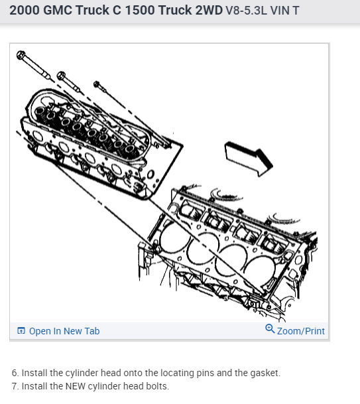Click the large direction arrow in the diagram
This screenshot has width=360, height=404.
click(x=249, y=158)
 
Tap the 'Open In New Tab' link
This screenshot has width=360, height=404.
click(x=64, y=331)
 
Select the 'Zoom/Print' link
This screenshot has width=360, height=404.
click(x=300, y=331)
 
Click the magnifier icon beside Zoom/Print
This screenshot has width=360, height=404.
click(x=270, y=328)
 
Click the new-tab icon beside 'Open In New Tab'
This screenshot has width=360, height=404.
click(x=21, y=330)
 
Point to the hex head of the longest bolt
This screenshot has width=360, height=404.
click(x=21, y=54)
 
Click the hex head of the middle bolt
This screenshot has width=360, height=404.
click(x=61, y=75)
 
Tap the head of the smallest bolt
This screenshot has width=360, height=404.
click(x=97, y=84)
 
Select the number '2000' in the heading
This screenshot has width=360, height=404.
click(x=25, y=11)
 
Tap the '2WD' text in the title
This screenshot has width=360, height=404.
click(x=209, y=11)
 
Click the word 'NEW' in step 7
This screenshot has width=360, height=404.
click(x=76, y=386)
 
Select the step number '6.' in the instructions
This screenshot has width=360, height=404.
click(x=15, y=373)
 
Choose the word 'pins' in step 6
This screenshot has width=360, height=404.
click(x=206, y=373)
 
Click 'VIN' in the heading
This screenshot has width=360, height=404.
click(x=280, y=11)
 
